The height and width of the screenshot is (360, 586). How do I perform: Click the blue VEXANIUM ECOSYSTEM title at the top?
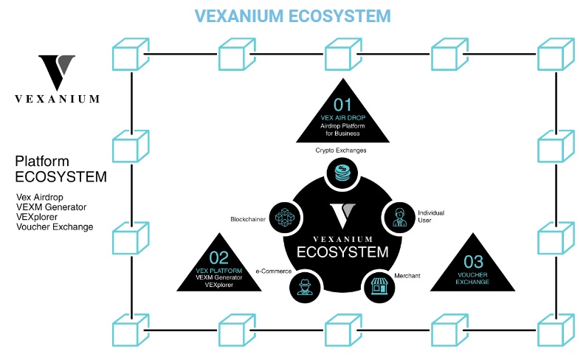pos(293,15)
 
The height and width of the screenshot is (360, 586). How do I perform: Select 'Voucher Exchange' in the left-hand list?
pos(55,227)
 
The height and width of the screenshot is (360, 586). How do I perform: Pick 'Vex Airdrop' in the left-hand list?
pos(41,198)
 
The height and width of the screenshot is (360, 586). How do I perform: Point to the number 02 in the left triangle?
pos(218,257)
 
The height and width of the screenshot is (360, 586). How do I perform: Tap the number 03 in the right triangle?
pos(473,261)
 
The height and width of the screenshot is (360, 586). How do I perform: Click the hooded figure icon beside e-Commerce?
pos(305,285)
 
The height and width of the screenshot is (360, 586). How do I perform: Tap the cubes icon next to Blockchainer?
pos(283,217)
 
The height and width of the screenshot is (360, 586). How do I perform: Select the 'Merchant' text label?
pos(407,275)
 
